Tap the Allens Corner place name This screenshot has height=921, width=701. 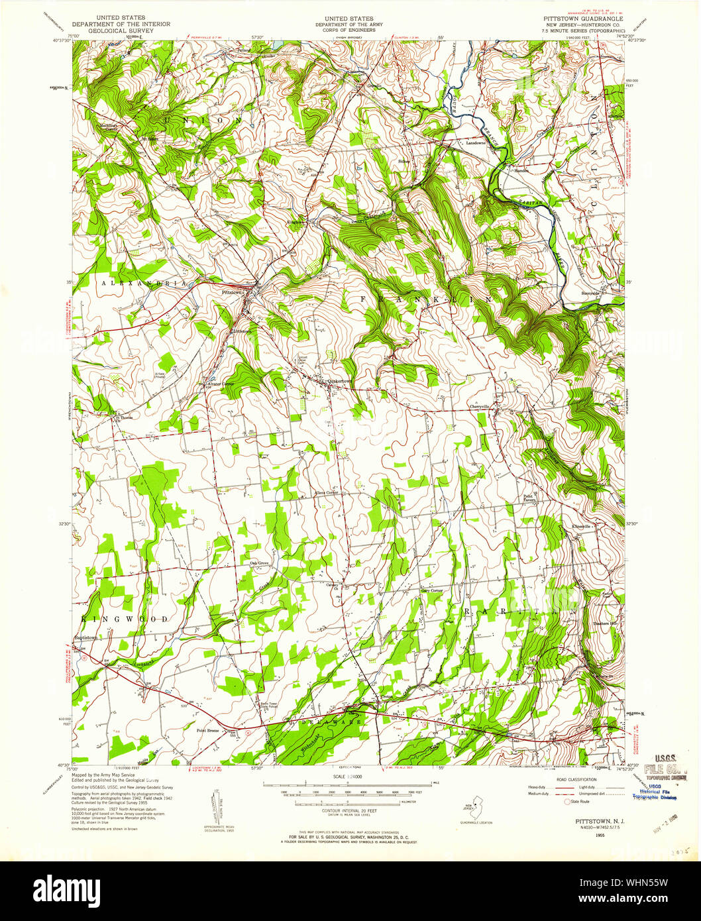[x=326, y=493]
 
